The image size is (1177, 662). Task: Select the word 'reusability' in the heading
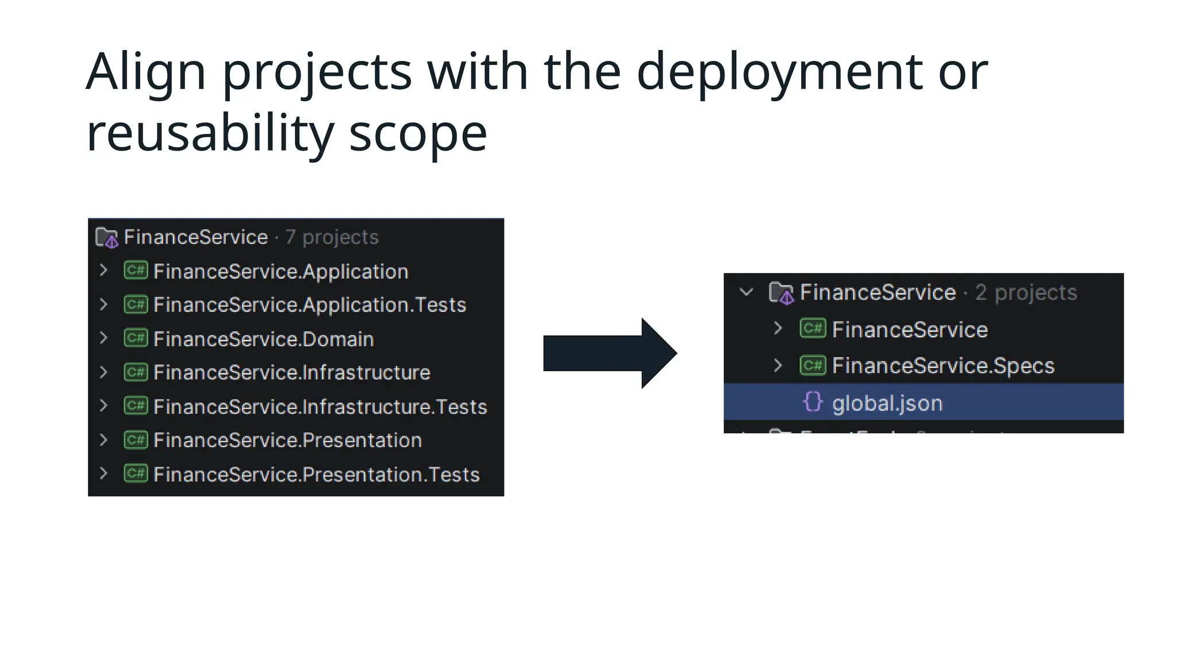[210, 133]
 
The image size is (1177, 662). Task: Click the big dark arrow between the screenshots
[610, 353]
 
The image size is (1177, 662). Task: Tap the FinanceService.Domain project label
[263, 339]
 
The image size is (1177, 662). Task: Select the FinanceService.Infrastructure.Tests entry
[320, 407]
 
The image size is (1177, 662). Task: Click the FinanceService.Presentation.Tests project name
[316, 475]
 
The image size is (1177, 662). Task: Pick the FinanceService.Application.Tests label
[310, 305]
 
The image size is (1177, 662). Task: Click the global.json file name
[887, 403]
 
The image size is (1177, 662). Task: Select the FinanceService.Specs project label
[943, 366]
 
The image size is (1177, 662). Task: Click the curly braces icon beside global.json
[813, 402]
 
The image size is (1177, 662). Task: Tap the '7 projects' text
[332, 237]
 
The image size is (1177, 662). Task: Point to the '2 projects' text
[1026, 292]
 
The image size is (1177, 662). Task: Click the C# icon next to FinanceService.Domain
[136, 338]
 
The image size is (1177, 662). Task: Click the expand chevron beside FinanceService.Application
[103, 270]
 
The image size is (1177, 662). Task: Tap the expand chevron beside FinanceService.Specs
[778, 365]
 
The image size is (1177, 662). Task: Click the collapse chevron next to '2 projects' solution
[746, 292]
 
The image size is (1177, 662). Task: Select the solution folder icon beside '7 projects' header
[107, 237]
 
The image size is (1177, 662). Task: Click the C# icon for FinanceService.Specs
[813, 365]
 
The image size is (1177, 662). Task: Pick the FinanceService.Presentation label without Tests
[287, 440]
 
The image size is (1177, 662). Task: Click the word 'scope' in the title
[418, 133]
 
